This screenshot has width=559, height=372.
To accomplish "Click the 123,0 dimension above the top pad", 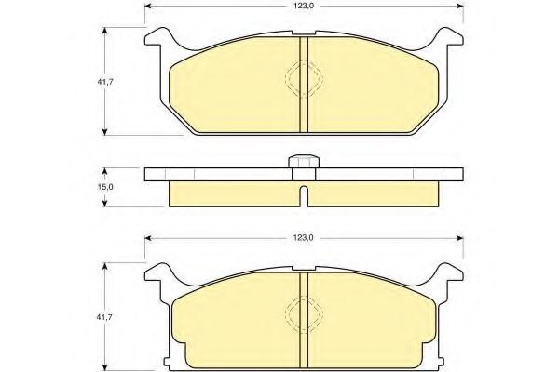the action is pos(304,7).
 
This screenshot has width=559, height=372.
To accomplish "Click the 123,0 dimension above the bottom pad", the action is pos(304,238).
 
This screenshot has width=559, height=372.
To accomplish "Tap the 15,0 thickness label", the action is pos(105,187).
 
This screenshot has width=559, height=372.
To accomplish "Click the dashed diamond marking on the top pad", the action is pos(304,79).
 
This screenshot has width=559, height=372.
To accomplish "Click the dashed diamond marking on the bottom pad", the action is pos(304,314).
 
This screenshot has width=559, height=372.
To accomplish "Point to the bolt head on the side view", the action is pos(304,161).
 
